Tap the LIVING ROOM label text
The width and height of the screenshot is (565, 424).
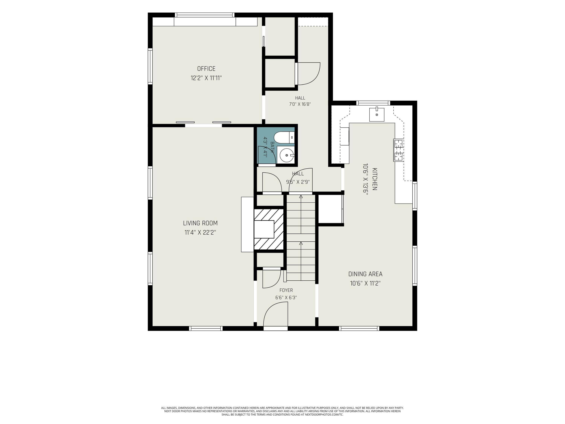200,223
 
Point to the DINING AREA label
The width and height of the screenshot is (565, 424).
365,274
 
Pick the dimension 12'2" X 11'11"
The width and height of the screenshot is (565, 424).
206,78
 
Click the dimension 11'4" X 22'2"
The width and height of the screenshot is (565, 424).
200,233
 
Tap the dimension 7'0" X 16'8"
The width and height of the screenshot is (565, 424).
300,104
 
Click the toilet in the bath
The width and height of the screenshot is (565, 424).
284,138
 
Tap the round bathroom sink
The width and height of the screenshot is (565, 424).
287,155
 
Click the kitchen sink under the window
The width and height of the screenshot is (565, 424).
377,115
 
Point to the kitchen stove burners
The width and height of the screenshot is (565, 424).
399,150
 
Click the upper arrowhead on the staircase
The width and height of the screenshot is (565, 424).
301,197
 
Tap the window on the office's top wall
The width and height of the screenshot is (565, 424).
204,15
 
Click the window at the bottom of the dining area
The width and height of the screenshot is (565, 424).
359,328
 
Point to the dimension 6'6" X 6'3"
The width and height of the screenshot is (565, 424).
286,298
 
